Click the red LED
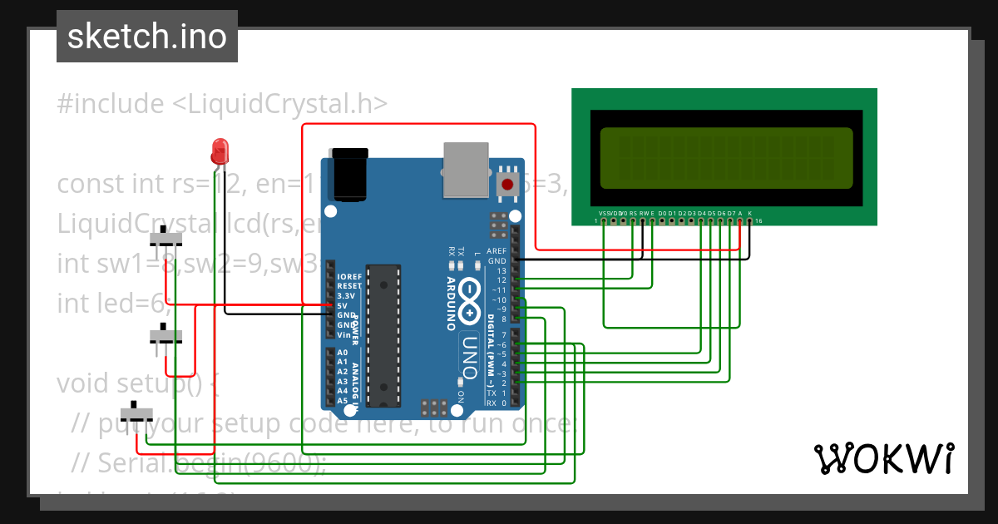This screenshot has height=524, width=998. [x=220, y=151]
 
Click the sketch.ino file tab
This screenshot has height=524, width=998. [x=147, y=37]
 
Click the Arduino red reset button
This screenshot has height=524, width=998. [x=506, y=184]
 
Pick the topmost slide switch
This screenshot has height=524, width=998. [x=166, y=240]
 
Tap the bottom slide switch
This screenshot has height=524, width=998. [x=138, y=412]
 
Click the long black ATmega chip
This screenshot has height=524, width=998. [x=383, y=335]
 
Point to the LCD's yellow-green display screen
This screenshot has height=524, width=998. [x=725, y=157]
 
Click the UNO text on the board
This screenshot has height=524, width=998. [x=470, y=349]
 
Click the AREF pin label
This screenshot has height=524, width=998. [x=497, y=250]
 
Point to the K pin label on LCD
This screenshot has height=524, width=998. [x=750, y=214]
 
